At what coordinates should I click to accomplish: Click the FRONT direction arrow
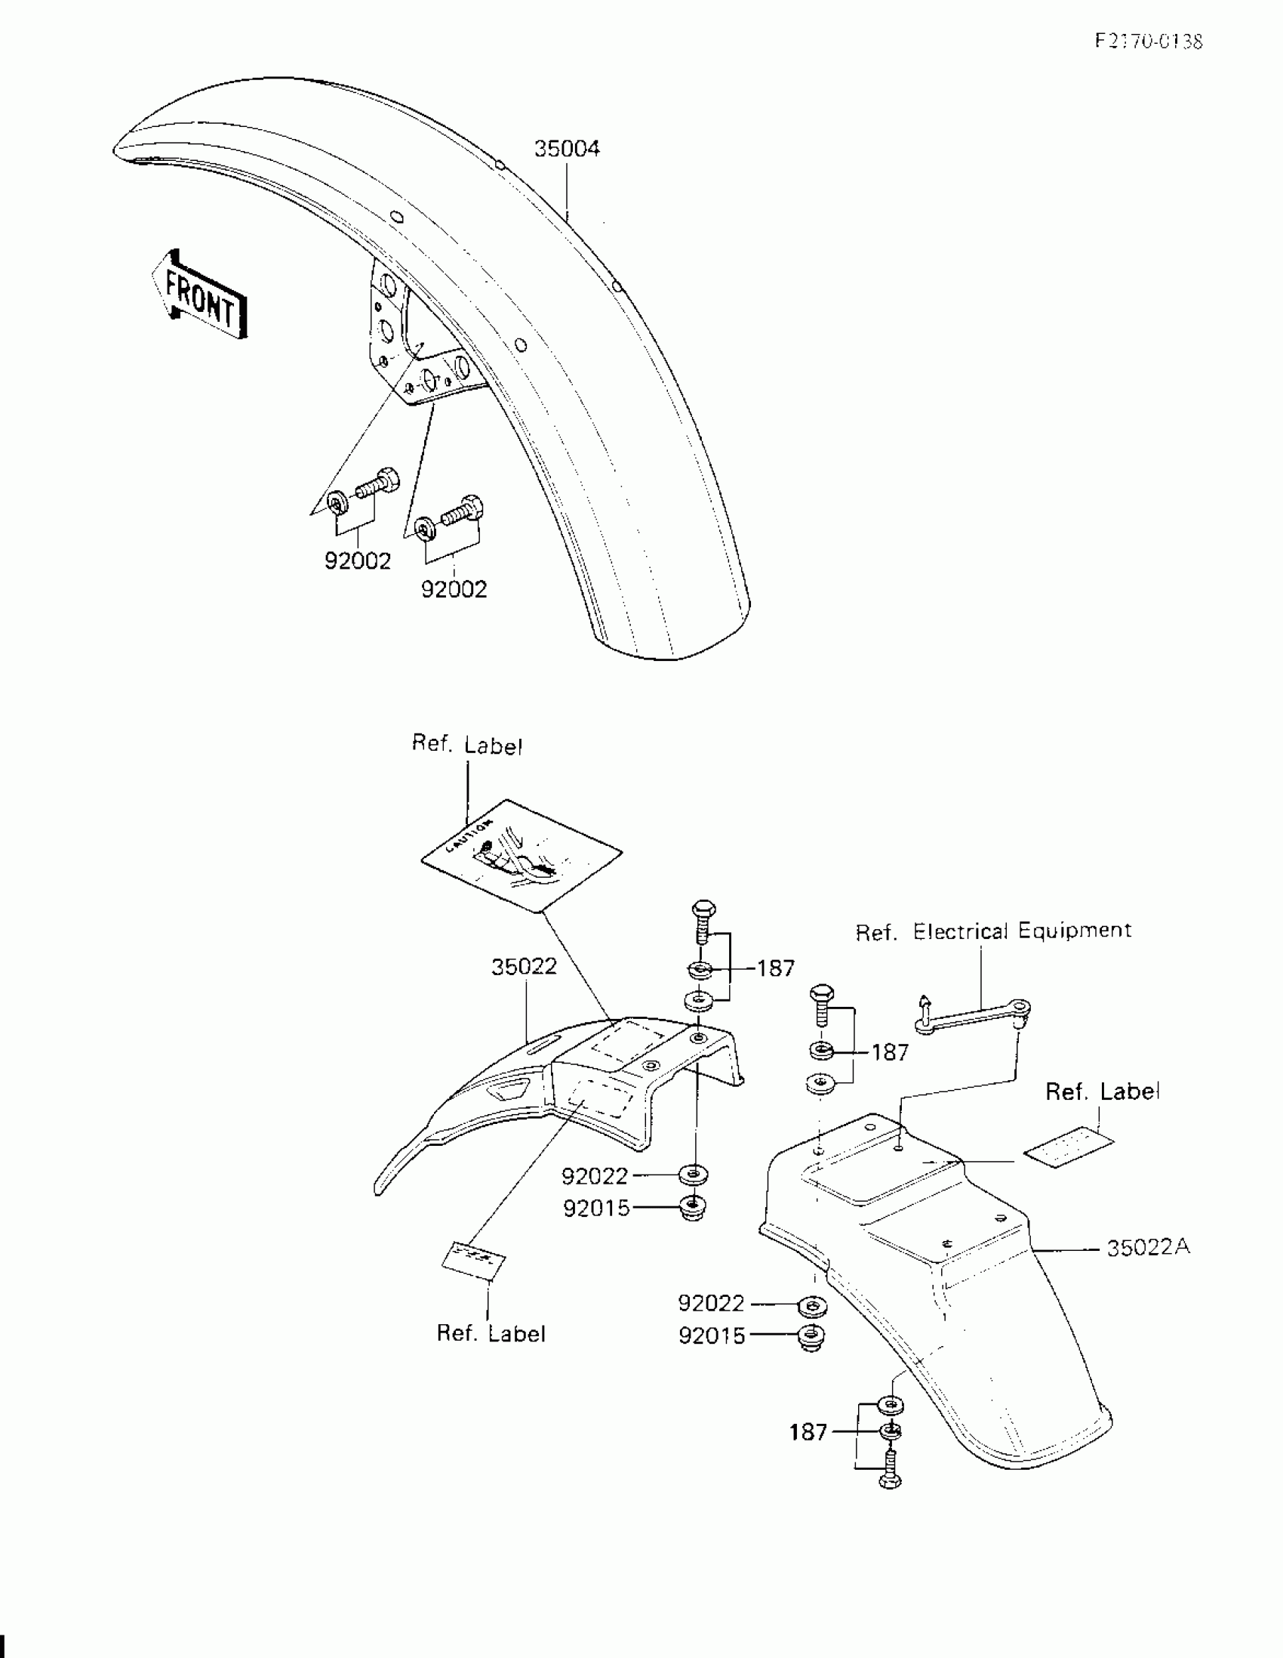point(200,295)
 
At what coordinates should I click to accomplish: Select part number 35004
point(567,149)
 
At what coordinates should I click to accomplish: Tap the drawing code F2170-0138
point(1149,42)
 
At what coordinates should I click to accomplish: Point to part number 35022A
point(1148,1247)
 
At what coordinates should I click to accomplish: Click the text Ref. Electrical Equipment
point(993,931)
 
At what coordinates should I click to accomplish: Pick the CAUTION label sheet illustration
point(522,854)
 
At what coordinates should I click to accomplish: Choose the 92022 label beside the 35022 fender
point(595,1176)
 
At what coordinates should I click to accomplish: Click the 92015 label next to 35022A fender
point(712,1336)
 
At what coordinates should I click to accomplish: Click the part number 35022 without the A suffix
point(524,967)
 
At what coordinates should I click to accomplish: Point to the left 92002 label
point(358,561)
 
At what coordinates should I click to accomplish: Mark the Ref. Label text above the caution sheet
point(467,745)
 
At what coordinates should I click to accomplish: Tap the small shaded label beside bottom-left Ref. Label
point(474,1259)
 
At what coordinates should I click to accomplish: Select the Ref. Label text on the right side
point(1102,1091)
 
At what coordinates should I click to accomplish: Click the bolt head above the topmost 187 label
point(703,909)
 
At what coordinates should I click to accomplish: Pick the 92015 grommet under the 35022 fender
point(693,1206)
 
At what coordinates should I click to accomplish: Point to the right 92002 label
point(454,589)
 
